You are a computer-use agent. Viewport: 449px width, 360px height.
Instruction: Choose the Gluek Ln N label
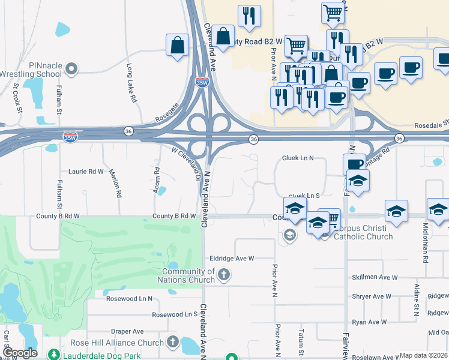pyautogui.click(x=298, y=158)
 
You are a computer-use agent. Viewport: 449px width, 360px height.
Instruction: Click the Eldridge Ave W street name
pyautogui.click(x=232, y=259)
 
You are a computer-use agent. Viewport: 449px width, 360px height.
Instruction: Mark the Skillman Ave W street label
pyautogui.click(x=375, y=277)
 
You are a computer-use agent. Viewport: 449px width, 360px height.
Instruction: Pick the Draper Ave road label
pyautogui.click(x=128, y=331)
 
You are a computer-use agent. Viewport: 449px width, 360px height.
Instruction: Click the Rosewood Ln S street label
pyautogui.click(x=175, y=314)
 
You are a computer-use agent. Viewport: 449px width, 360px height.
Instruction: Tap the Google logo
pyautogui.click(x=20, y=353)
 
